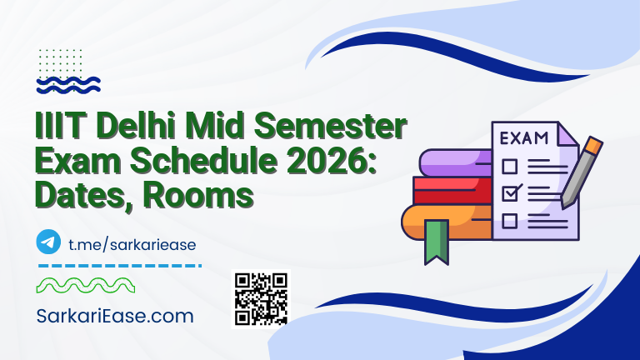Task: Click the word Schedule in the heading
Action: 188,162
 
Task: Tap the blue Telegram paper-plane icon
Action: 49,242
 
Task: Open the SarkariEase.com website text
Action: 116,317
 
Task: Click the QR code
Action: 261,298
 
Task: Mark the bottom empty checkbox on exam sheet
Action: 510,221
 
